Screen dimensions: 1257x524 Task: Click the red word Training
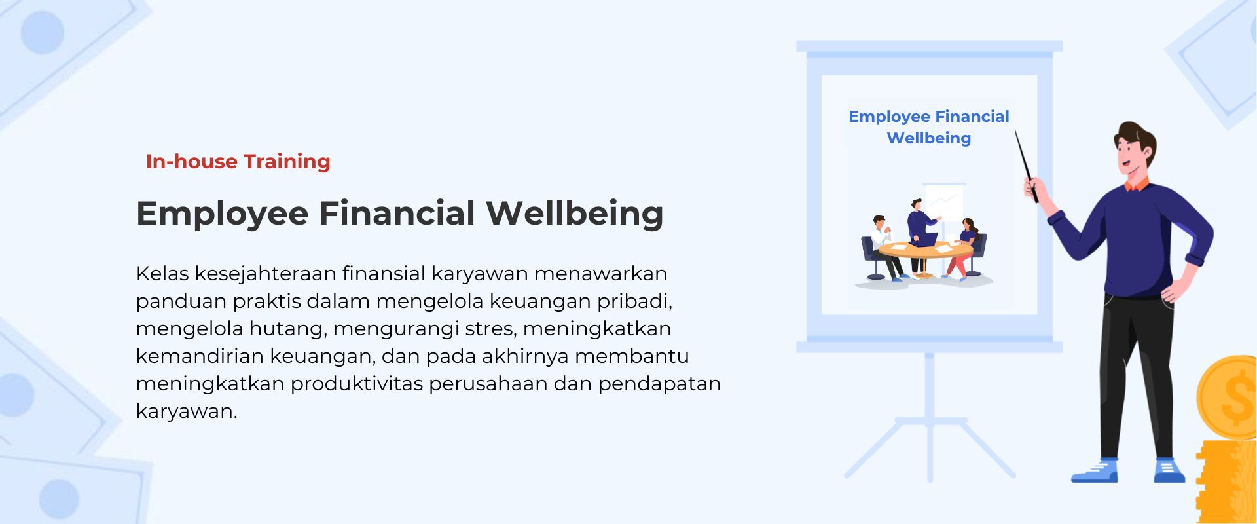287,162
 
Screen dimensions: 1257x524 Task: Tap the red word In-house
192,161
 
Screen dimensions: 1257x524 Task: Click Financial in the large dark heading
397,213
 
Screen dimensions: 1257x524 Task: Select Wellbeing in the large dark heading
575,214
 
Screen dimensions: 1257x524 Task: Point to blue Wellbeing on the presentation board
929,139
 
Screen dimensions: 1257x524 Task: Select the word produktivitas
357,384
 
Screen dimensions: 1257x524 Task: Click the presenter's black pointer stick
1026,165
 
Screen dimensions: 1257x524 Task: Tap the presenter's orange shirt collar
1137,184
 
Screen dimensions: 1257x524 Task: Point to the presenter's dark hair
1136,136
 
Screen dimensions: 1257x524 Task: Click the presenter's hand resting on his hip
1175,289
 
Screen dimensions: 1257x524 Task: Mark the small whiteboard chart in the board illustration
943,204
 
